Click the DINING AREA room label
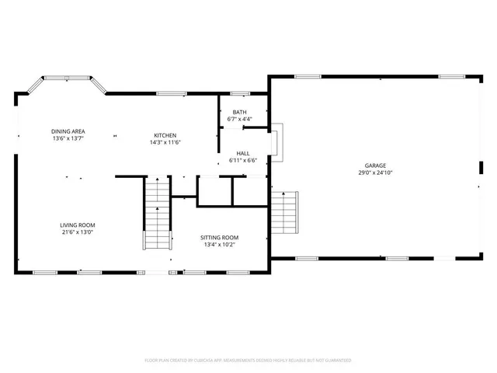pos(68,131)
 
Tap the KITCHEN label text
pos(165,135)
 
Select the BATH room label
pos(240,113)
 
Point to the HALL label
pos(242,154)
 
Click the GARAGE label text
pos(376,166)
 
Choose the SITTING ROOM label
pos(219,237)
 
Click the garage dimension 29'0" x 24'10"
pos(376,173)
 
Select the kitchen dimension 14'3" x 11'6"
pos(165,142)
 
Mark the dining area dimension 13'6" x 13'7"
pos(68,139)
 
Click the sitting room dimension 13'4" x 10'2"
pos(219,245)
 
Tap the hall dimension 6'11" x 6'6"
pos(242,161)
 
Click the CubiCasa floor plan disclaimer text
pos(248,361)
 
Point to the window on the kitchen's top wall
pos(172,94)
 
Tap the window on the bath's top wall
pos(240,94)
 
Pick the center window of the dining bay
pos(68,78)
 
